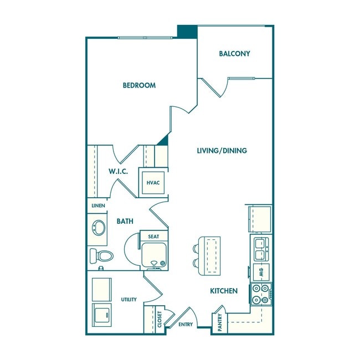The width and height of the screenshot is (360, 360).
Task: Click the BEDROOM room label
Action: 139,85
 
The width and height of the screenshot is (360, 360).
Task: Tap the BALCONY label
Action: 234,54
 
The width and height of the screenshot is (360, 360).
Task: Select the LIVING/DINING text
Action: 222,151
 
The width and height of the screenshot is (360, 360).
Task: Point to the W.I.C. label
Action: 118,171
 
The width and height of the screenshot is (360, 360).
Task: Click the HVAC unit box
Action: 153,183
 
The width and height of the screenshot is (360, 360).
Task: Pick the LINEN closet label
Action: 98,206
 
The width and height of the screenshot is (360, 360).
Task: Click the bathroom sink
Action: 99,227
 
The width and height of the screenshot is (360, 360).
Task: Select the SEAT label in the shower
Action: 153,236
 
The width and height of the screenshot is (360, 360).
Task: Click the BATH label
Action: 125,221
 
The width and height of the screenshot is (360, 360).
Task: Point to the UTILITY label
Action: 128,300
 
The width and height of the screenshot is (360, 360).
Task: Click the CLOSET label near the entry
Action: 160,320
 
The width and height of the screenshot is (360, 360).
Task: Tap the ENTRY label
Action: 186,325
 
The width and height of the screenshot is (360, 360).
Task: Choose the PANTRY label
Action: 220,322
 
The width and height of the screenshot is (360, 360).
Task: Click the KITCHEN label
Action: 224,291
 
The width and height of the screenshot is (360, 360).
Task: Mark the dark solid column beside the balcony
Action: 187,32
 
